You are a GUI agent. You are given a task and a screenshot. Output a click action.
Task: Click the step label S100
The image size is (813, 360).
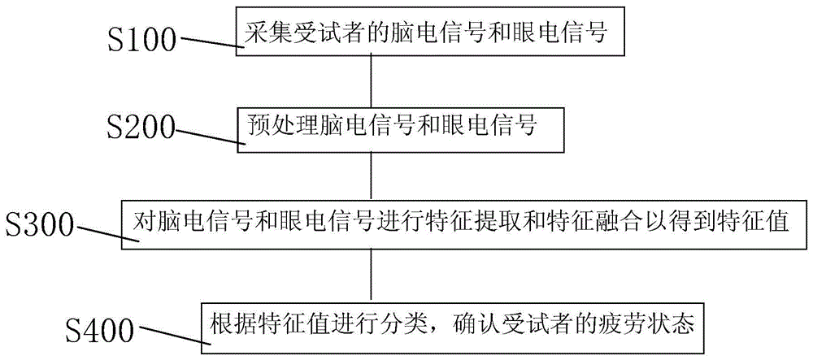click(143, 40)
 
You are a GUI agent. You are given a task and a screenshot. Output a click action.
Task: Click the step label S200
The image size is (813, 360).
click(142, 128)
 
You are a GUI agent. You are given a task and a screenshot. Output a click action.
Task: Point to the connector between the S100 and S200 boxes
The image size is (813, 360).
click(372, 79)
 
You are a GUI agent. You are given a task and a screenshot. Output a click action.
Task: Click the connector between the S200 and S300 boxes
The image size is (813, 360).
click(372, 175)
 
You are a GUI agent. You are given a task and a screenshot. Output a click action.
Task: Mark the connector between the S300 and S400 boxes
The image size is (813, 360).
click(372, 274)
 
